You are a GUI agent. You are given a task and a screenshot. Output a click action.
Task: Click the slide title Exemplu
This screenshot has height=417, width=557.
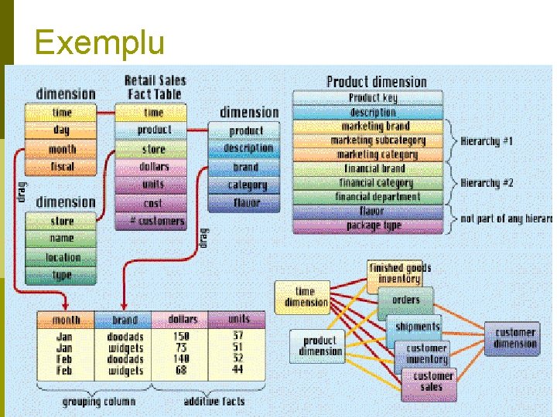pos(99,42)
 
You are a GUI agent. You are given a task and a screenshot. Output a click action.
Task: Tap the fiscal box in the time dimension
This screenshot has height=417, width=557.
pos(62,166)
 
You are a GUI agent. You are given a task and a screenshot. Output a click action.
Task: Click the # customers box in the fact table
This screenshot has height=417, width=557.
pos(152,221)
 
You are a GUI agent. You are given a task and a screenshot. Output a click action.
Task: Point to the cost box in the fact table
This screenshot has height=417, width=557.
pos(152,203)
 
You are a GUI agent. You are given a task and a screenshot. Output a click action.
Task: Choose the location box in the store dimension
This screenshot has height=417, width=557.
pos(62,257)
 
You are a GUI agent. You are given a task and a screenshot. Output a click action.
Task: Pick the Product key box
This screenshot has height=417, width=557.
pos(372,98)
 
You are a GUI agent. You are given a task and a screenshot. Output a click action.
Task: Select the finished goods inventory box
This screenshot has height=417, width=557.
pos(399,273)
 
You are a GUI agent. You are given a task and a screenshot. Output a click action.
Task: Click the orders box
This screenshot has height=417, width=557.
pos(405,300)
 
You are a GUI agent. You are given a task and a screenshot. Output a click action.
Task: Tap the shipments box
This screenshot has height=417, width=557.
pos(416,327)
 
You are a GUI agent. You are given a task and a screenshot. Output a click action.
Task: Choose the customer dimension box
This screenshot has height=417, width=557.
pos(514,338)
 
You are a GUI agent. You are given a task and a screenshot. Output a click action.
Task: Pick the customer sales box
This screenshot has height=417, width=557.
pos(431,381)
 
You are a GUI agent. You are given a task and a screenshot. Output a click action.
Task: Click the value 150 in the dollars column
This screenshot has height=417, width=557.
pos(181,337)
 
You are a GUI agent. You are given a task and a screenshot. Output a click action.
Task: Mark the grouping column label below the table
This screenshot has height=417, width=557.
pos(98,402)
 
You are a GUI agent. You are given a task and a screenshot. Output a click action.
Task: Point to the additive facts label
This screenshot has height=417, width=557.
pos(214,402)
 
